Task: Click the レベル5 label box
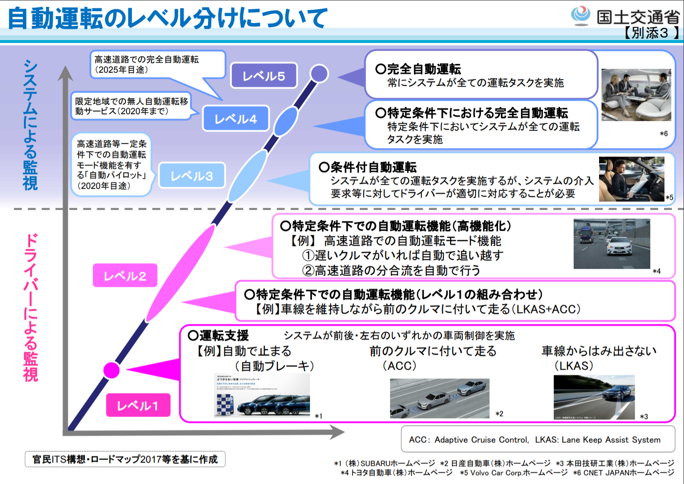click(264, 76)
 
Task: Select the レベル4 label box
click(236, 119)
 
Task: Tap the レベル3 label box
click(192, 176)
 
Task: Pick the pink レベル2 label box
click(125, 276)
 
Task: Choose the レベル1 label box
click(138, 405)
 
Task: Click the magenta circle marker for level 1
click(112, 370)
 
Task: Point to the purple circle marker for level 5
click(319, 74)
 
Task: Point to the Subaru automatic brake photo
click(262, 396)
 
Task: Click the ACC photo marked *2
click(439, 398)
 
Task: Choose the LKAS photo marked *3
click(594, 397)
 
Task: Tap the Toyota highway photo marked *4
click(612, 244)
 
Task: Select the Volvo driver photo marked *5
click(631, 179)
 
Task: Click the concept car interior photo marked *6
click(636, 95)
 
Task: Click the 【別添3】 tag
click(651, 33)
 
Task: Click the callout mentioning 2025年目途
click(156, 64)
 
